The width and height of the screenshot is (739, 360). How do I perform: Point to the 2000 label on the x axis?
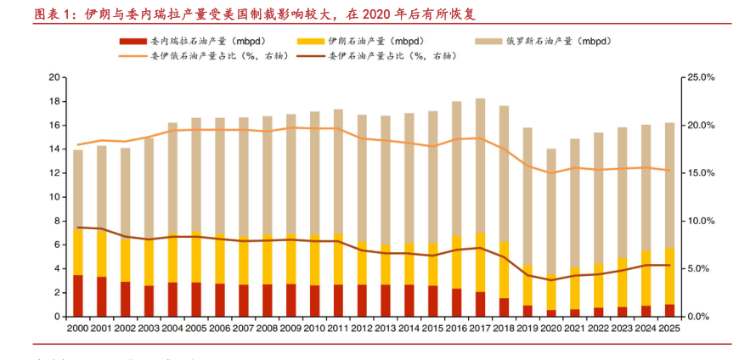tap(77, 328)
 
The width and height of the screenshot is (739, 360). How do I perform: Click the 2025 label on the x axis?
tap(669, 328)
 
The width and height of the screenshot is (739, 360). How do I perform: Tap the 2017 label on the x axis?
tap(480, 328)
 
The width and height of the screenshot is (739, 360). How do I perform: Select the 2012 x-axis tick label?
tap(362, 328)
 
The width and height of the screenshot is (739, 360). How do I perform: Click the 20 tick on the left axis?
tap(53, 77)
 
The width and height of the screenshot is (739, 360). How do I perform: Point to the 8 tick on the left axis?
tap(55, 221)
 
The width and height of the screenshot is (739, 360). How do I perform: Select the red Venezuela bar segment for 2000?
tap(78, 295)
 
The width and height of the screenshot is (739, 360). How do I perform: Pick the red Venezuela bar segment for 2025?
tap(669, 310)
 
